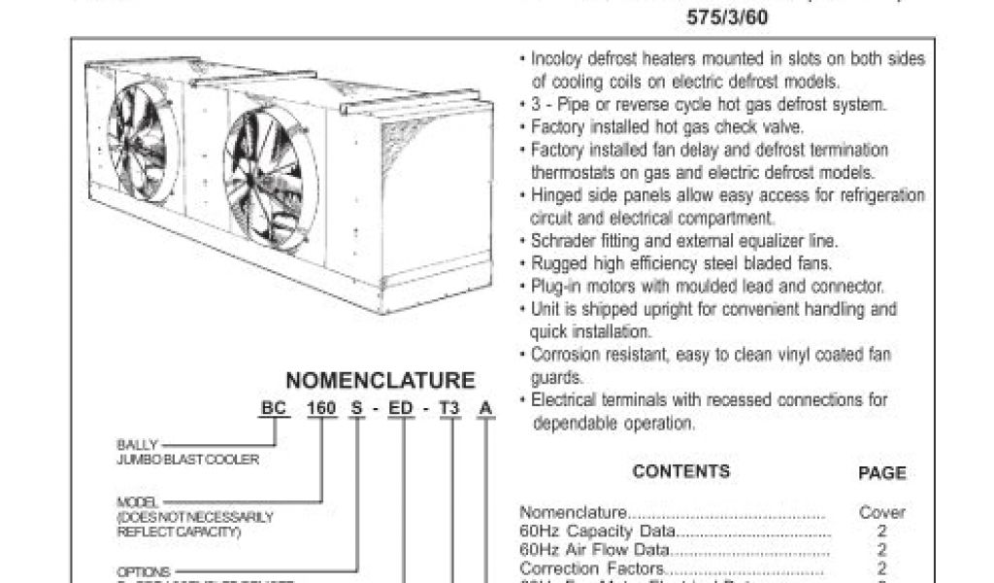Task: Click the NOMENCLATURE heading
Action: (380, 380)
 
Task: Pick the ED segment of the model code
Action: (401, 409)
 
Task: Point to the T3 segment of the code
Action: (449, 409)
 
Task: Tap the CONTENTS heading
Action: (680, 471)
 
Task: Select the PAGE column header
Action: (881, 473)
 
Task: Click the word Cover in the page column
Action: (881, 512)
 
